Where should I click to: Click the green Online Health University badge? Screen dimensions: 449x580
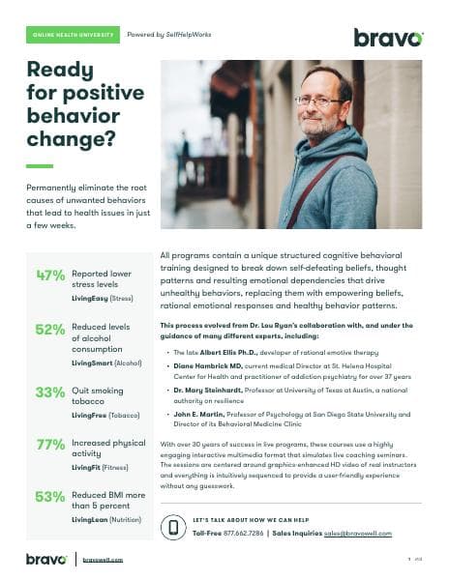[x=73, y=35]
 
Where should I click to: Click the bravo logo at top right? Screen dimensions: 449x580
[x=388, y=38]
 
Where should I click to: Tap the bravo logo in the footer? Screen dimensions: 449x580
[x=46, y=559]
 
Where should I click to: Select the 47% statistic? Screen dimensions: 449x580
[x=49, y=275]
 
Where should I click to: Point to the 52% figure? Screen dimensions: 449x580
[x=49, y=329]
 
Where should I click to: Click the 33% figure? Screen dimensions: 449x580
[x=49, y=391]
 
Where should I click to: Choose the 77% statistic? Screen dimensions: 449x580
[x=49, y=445]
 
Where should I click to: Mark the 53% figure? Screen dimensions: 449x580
[x=49, y=497]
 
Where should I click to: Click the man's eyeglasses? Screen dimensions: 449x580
[x=323, y=100]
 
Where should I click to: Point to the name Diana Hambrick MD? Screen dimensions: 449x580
[x=206, y=369]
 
